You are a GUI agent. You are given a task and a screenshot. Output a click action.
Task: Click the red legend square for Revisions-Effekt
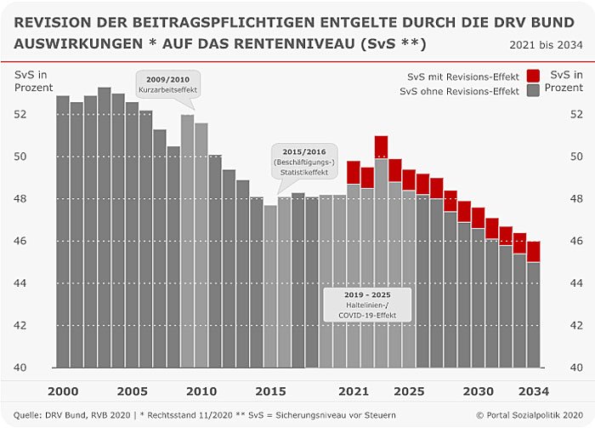[534, 75]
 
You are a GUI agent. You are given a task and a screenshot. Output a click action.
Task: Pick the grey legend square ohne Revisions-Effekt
[534, 90]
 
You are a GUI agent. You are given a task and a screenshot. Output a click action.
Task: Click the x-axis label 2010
[201, 391]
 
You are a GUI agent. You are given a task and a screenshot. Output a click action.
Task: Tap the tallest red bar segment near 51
[381, 147]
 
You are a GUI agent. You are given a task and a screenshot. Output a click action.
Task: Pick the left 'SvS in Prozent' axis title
[34, 81]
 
